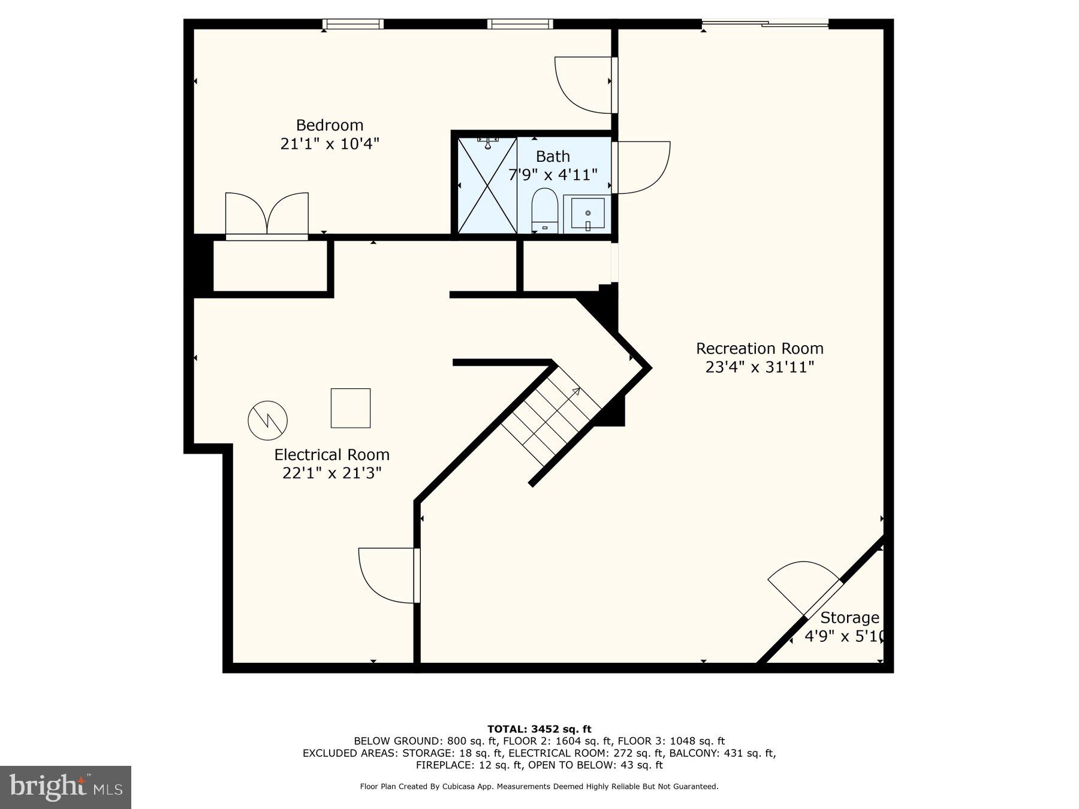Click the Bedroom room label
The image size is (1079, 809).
click(x=330, y=125)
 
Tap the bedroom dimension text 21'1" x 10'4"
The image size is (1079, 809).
click(x=330, y=144)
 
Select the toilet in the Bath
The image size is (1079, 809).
click(x=544, y=210)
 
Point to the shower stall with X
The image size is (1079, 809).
click(x=487, y=185)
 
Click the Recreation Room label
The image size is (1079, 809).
click(x=759, y=348)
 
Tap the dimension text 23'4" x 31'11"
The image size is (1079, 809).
click(x=759, y=367)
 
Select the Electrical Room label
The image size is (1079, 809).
click(x=331, y=454)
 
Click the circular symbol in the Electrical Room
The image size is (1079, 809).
click(x=267, y=420)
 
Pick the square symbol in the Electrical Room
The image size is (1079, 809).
click(x=351, y=408)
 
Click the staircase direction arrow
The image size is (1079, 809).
click(x=575, y=393)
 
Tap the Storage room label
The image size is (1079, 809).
click(x=849, y=617)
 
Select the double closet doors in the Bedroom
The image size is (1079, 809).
click(x=267, y=215)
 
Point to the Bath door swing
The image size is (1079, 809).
click(x=641, y=167)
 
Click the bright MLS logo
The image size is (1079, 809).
click(x=65, y=787)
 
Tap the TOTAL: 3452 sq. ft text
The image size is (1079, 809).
click(x=539, y=729)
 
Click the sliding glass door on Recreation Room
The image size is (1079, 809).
click(x=765, y=24)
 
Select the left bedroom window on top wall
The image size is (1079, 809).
click(x=352, y=24)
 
